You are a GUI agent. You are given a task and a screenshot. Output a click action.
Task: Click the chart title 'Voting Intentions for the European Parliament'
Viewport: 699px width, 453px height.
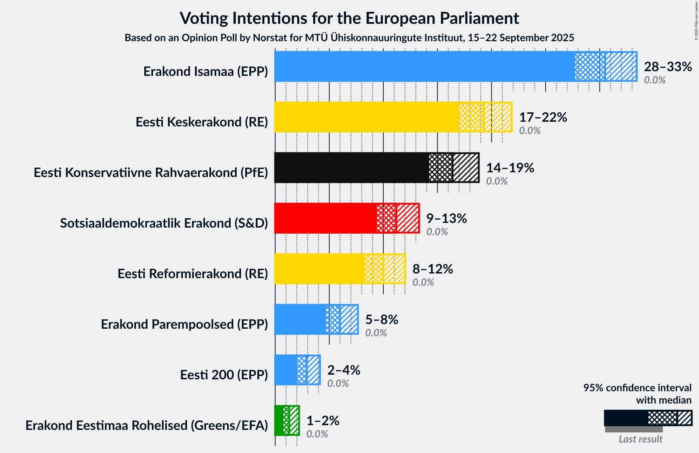click(349, 18)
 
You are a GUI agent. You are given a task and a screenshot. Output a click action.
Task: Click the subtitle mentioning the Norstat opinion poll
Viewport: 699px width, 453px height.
click(349, 38)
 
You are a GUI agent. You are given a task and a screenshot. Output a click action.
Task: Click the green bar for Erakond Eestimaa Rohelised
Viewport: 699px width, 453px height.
click(279, 420)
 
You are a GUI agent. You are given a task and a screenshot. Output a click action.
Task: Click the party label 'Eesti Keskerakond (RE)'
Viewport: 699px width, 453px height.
click(202, 122)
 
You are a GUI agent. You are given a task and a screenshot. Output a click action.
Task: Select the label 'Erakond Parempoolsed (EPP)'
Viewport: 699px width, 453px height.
click(184, 324)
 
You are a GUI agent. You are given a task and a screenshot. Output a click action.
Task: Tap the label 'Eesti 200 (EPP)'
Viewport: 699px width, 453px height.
click(224, 375)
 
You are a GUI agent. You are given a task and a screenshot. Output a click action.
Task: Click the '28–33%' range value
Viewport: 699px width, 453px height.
click(668, 67)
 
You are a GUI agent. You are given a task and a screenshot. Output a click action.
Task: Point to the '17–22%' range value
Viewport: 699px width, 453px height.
click(543, 117)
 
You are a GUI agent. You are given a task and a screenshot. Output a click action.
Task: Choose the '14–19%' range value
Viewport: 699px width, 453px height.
click(510, 168)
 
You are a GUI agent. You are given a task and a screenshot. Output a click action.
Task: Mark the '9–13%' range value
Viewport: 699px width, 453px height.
click(447, 219)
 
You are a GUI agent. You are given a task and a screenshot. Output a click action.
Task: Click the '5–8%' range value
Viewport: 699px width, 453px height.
click(382, 320)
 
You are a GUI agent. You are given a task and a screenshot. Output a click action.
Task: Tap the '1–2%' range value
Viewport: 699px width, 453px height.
click(323, 421)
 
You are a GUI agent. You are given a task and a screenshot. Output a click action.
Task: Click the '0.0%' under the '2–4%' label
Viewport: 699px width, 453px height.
click(338, 384)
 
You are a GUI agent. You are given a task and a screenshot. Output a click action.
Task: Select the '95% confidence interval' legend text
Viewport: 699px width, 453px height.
click(637, 388)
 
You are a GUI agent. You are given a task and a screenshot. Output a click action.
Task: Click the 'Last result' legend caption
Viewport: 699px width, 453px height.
click(640, 439)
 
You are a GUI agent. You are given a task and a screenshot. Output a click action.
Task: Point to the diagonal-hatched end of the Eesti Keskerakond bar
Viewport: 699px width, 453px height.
click(498, 117)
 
